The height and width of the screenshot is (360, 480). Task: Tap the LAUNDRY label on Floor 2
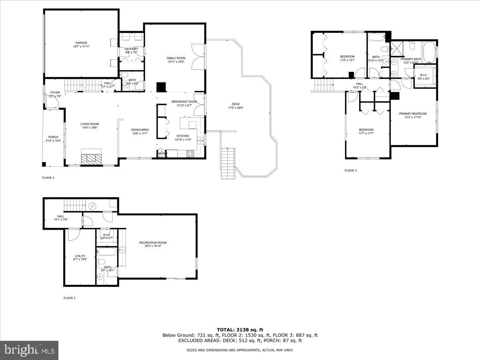coord(132,49)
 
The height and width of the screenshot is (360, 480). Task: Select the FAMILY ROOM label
coord(176,58)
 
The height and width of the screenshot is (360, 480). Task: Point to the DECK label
coord(236,104)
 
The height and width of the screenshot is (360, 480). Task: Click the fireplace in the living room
coord(92,157)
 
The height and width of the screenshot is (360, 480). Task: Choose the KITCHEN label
coord(183,136)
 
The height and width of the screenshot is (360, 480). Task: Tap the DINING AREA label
coord(140,130)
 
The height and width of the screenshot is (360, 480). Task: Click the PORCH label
coord(53,137)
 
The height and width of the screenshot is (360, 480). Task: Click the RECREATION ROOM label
coord(153,243)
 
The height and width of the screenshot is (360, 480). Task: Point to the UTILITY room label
coord(80,256)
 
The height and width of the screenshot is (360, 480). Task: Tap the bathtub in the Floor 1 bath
coord(107,252)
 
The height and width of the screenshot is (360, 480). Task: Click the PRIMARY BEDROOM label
coord(413,114)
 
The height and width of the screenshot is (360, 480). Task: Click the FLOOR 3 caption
coord(350,171)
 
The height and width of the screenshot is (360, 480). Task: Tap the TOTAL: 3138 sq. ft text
coord(240,330)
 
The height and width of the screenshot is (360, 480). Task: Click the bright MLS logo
coord(29,350)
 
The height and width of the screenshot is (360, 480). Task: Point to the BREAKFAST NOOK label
coord(184,102)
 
